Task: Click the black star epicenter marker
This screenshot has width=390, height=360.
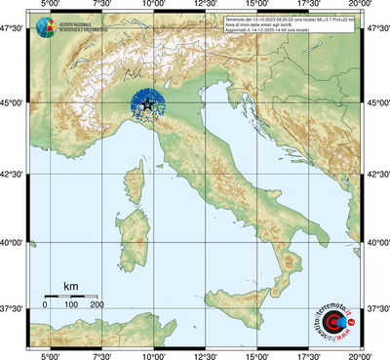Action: (x=147, y=104)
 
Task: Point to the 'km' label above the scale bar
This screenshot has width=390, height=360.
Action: (x=70, y=286)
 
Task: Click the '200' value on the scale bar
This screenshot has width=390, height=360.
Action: (x=97, y=306)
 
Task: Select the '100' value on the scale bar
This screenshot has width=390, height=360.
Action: (x=70, y=306)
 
